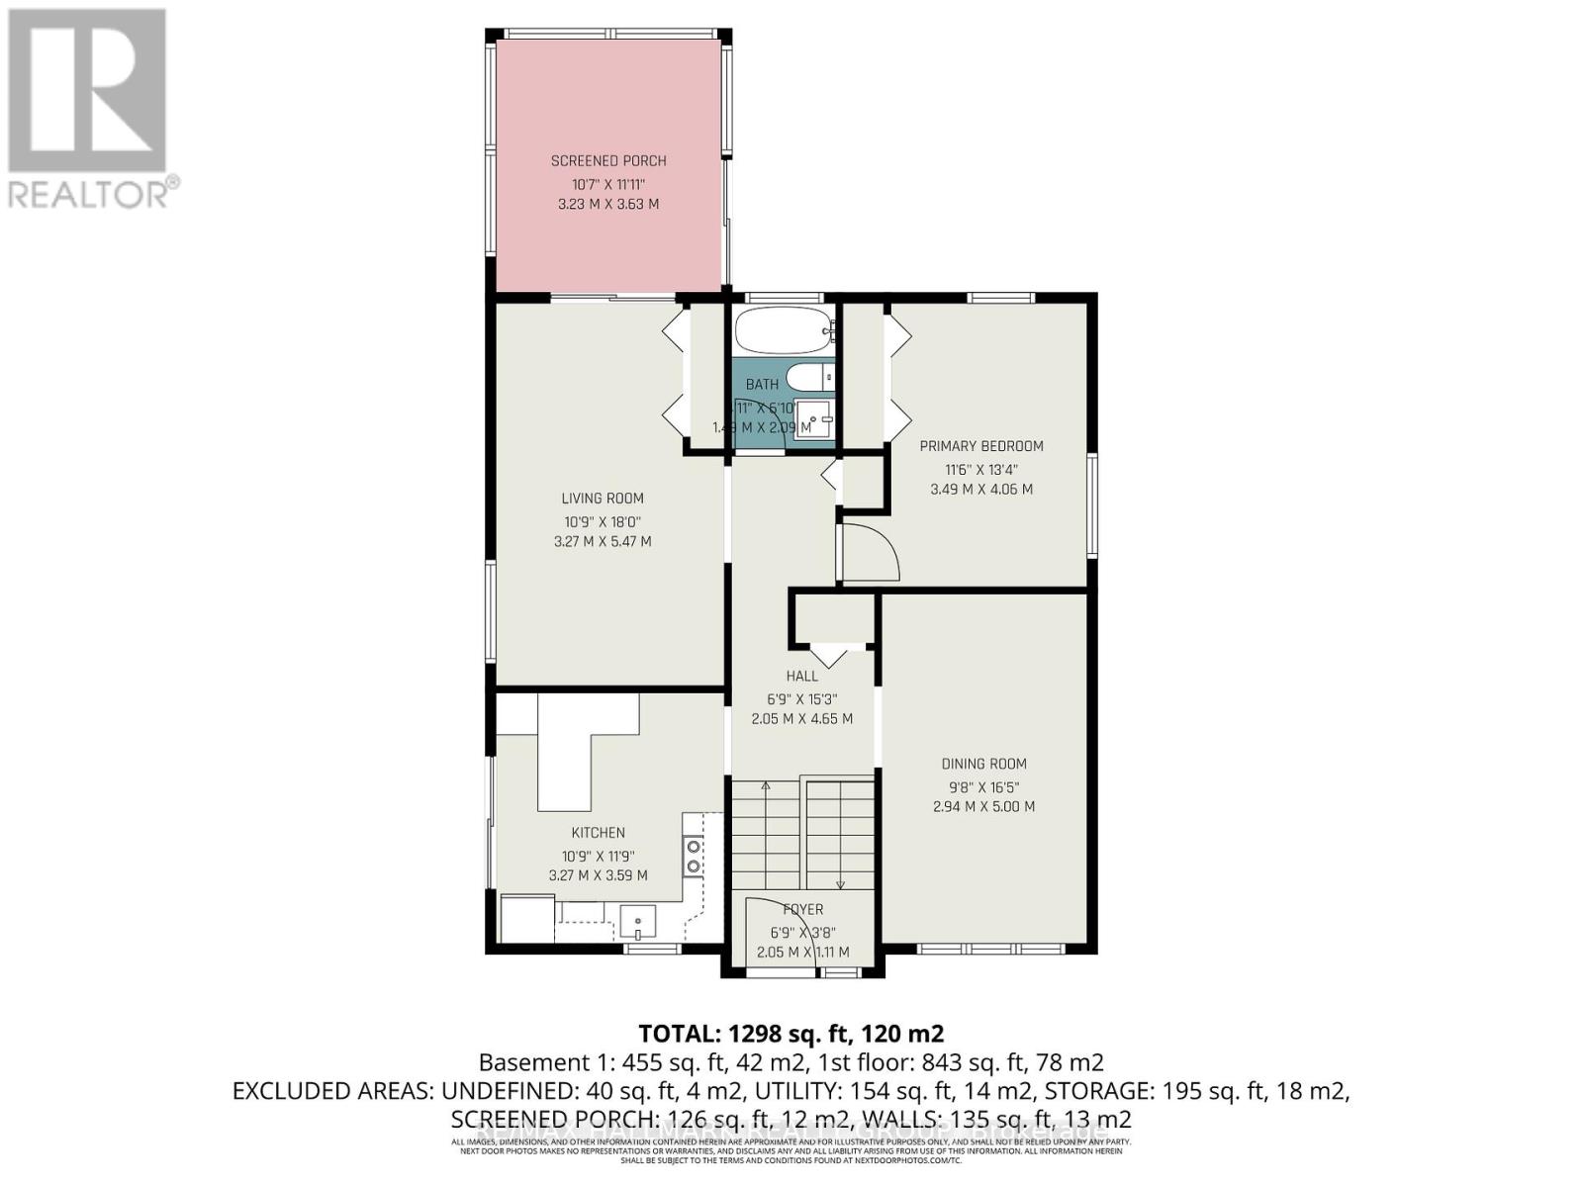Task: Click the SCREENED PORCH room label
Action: tap(607, 160)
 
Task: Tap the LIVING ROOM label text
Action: tap(602, 499)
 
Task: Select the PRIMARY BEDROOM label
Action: tap(980, 446)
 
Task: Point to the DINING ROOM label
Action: tap(982, 764)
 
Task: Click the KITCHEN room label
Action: tap(598, 833)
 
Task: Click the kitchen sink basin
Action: tap(638, 923)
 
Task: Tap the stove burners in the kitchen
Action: tap(694, 856)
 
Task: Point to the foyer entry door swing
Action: tap(782, 915)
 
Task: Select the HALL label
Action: tap(801, 677)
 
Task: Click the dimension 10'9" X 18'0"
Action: tap(602, 521)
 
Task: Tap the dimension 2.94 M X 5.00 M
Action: tap(982, 807)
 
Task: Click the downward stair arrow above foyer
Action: tap(840, 883)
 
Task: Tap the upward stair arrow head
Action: tap(765, 786)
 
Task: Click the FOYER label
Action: tap(802, 910)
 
